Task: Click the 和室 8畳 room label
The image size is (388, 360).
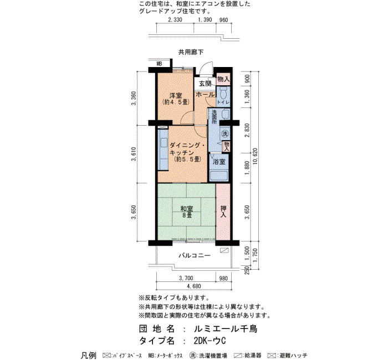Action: click(187, 212)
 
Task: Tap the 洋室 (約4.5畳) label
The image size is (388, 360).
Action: click(176, 99)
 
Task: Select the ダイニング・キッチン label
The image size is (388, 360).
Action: click(187, 149)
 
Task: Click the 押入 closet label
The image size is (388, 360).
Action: click(223, 212)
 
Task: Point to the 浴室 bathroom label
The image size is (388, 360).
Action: click(219, 162)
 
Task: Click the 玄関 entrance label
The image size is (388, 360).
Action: click(205, 84)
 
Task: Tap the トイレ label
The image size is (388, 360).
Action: click(223, 102)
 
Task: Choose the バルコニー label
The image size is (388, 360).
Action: click(195, 255)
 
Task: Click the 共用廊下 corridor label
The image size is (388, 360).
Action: click(191, 52)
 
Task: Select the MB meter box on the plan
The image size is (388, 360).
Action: click(159, 64)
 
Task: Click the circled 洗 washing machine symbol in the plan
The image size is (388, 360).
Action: click(224, 134)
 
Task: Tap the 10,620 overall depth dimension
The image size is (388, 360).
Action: click(255, 157)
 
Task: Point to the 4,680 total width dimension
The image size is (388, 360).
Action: click(194, 286)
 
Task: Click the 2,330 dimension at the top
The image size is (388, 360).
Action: click(175, 20)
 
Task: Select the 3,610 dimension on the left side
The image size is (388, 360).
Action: click(134, 154)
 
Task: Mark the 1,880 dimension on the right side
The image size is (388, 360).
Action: click(247, 168)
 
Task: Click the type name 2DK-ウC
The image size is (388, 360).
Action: click(210, 341)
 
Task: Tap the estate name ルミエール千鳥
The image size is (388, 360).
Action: click(226, 329)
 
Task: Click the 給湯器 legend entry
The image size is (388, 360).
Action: click(247, 356)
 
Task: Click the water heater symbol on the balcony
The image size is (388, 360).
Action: click(224, 250)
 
